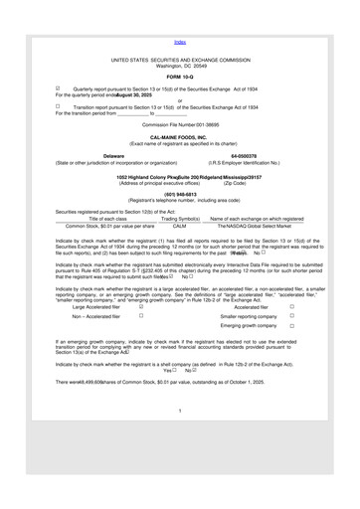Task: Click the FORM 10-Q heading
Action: click(180, 77)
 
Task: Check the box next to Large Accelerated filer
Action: click(142, 335)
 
